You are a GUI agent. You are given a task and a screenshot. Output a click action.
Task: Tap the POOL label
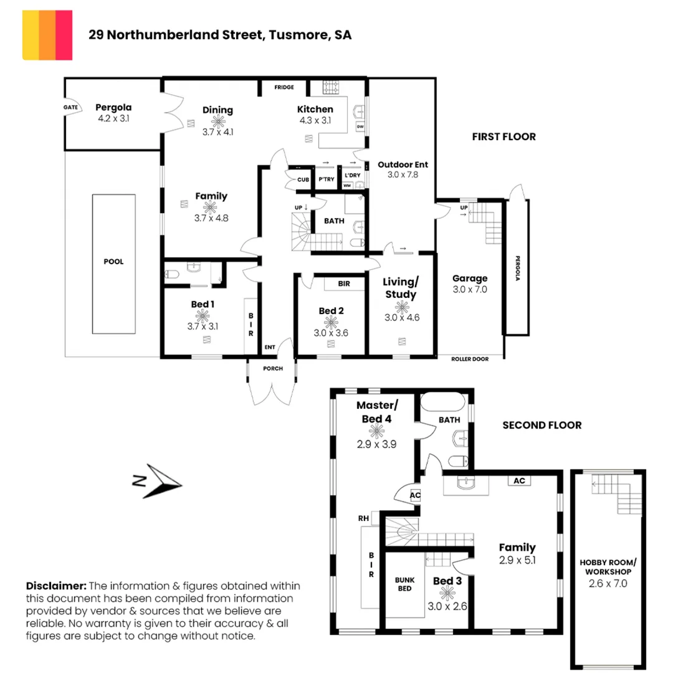pyautogui.click(x=113, y=262)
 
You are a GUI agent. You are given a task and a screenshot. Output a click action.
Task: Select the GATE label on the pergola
pyautogui.click(x=71, y=107)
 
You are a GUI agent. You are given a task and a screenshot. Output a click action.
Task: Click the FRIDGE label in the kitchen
pyautogui.click(x=284, y=87)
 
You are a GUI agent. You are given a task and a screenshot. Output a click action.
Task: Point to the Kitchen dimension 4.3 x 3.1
pyautogui.click(x=315, y=121)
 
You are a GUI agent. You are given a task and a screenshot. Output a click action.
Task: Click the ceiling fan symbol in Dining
pyautogui.click(x=217, y=122)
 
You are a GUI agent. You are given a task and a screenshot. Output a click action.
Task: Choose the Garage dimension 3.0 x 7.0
pyautogui.click(x=470, y=290)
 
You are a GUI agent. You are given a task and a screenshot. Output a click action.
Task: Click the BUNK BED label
pyautogui.click(x=405, y=584)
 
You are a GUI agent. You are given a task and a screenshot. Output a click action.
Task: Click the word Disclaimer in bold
pyautogui.click(x=55, y=586)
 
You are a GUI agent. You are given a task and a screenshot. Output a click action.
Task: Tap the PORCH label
pyautogui.click(x=272, y=368)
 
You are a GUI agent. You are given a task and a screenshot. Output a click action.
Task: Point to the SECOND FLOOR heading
pyautogui.click(x=542, y=426)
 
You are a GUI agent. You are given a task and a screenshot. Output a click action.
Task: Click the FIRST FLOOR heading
pyautogui.click(x=504, y=137)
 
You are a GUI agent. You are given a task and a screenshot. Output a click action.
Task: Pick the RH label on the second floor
pyautogui.click(x=363, y=517)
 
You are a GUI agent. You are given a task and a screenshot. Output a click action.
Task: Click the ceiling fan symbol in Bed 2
pyautogui.click(x=330, y=322)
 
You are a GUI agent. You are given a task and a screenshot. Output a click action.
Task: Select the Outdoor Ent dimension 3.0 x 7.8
pyautogui.click(x=403, y=175)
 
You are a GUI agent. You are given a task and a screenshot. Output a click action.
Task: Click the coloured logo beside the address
pyautogui.click(x=47, y=35)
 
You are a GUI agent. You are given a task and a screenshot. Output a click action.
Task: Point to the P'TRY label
pyautogui.click(x=327, y=179)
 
